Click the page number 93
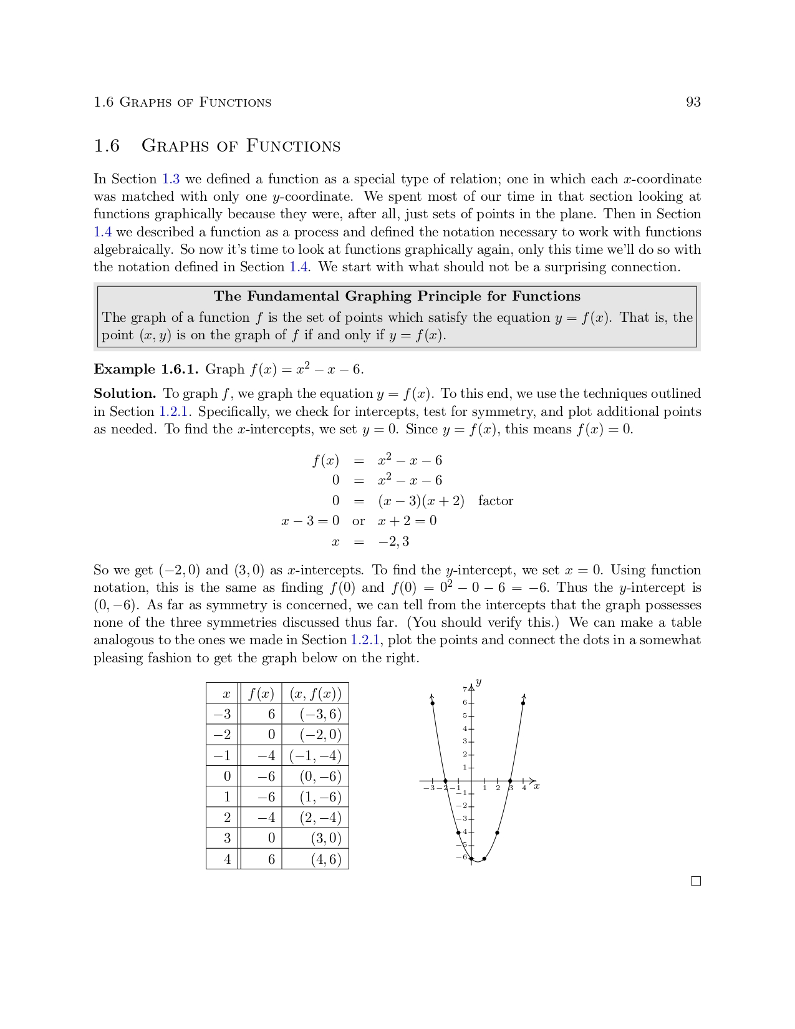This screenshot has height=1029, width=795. click(x=693, y=102)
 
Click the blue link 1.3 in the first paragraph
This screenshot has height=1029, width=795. click(x=171, y=180)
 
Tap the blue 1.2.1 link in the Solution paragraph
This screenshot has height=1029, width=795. click(x=173, y=412)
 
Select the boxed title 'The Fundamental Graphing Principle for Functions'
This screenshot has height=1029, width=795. click(x=397, y=296)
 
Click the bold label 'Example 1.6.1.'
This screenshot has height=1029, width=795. click(x=146, y=369)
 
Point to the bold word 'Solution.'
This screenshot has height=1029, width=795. click(x=125, y=394)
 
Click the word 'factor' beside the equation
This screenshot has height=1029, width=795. click(x=495, y=501)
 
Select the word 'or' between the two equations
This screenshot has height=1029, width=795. click(x=359, y=521)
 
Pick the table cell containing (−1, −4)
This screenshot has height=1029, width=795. click(x=316, y=756)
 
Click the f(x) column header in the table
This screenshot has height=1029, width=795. click(x=261, y=693)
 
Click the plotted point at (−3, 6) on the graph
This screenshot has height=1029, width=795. click(x=433, y=703)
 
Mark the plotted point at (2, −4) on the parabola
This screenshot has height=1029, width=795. click(x=498, y=833)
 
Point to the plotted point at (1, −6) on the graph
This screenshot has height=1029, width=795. click(x=484, y=859)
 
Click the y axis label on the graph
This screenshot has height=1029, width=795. click(x=478, y=682)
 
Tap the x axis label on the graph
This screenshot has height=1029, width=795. click(x=537, y=786)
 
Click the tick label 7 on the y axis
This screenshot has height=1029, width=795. click(x=465, y=689)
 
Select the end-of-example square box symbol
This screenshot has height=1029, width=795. click(x=696, y=881)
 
